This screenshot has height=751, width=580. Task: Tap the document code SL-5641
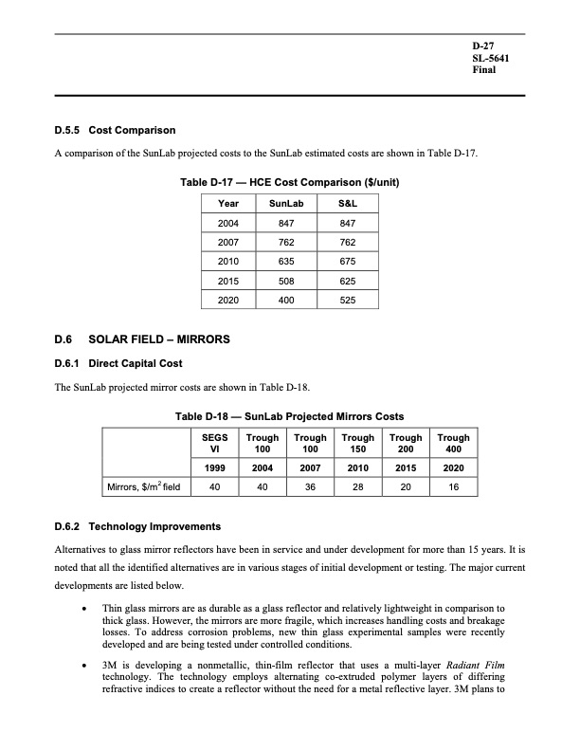pos(489,59)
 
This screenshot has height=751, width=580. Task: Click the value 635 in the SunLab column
pos(280,261)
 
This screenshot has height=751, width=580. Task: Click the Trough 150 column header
pos(359,444)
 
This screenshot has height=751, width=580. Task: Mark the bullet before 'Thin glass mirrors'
pos(86,606)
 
